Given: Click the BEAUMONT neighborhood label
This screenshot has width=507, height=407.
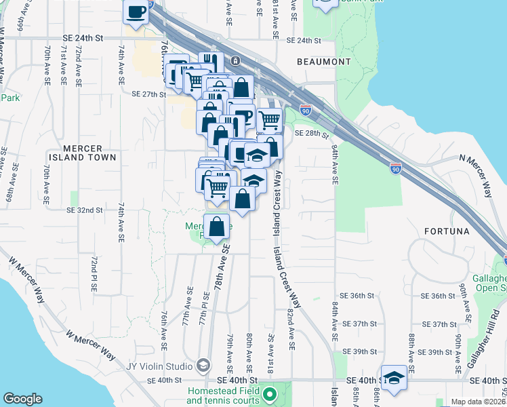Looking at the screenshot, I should point(323,62).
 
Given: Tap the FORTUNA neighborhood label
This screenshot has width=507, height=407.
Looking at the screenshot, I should point(447,231).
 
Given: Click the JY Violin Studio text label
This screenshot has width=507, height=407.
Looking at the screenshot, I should point(159,366).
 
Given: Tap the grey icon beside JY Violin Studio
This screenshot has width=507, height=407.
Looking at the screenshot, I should point(203,366).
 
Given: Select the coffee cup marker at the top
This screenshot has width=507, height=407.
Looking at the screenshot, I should point(137,12).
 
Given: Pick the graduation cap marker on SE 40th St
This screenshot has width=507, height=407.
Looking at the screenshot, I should point(393,378).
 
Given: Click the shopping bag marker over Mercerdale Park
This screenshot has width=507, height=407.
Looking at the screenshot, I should point(217,227).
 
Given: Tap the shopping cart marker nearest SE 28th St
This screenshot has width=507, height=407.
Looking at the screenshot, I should point(269,121).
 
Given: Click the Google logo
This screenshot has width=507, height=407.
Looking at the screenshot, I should point(22,399).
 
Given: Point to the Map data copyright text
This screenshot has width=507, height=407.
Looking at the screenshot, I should point(478,402).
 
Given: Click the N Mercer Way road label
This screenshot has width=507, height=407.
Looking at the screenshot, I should point(482,176).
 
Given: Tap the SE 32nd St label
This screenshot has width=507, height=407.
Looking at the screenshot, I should point(84,211).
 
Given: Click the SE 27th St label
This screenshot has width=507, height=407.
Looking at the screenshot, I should point(148,94).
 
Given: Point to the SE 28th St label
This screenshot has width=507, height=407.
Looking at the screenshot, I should point(312,134).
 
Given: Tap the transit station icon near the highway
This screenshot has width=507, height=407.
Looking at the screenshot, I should point(235,60).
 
